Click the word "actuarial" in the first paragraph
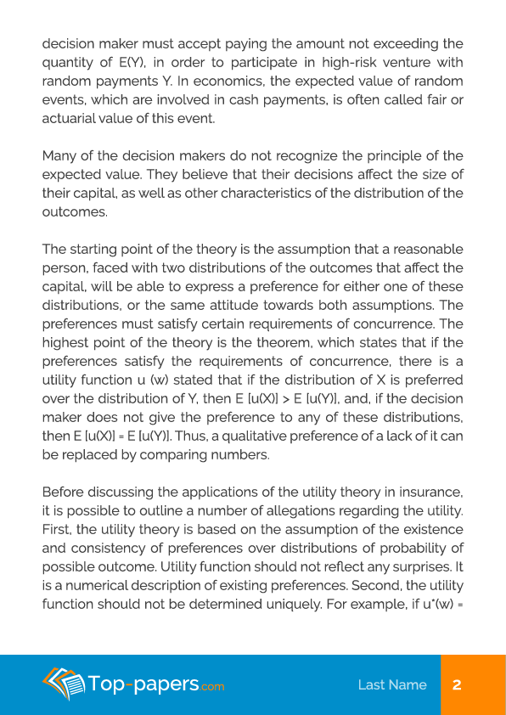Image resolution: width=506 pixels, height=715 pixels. (x=73, y=118)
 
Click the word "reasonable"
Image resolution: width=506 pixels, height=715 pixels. (x=424, y=250)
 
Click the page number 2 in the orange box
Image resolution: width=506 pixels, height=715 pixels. (x=457, y=684)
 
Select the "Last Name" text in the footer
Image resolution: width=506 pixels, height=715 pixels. (x=392, y=684)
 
